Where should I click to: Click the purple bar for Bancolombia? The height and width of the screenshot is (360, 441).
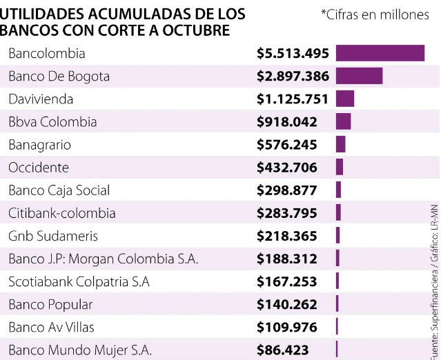(x=380, y=54)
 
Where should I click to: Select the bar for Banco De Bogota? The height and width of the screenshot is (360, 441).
(x=359, y=77)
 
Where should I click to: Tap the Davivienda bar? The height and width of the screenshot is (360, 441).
(x=345, y=99)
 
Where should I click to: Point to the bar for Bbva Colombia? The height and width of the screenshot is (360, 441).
(x=343, y=122)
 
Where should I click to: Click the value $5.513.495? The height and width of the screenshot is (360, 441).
(x=293, y=54)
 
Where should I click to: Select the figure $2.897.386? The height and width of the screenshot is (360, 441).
(x=293, y=77)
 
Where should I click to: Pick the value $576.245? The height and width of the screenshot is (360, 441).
(x=287, y=145)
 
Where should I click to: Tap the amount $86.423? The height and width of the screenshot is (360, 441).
(x=283, y=350)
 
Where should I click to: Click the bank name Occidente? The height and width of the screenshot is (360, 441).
(x=39, y=168)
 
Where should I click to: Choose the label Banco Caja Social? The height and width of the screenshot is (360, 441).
(x=59, y=190)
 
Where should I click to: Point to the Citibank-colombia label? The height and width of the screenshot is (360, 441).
(x=62, y=213)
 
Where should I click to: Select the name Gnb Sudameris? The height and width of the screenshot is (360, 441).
(x=53, y=236)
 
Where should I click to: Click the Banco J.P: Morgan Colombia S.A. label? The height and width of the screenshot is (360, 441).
(x=104, y=259)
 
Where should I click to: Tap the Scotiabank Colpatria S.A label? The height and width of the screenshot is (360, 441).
(x=79, y=281)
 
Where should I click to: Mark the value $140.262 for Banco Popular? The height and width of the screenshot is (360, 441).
(x=287, y=304)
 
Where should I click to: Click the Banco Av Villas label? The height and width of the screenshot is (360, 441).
(x=52, y=327)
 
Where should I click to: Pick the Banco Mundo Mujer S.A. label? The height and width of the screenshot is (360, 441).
(x=80, y=350)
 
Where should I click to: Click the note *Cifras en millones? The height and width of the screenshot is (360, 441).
(x=375, y=14)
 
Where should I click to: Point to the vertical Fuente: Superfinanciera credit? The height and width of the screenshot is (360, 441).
(x=434, y=303)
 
